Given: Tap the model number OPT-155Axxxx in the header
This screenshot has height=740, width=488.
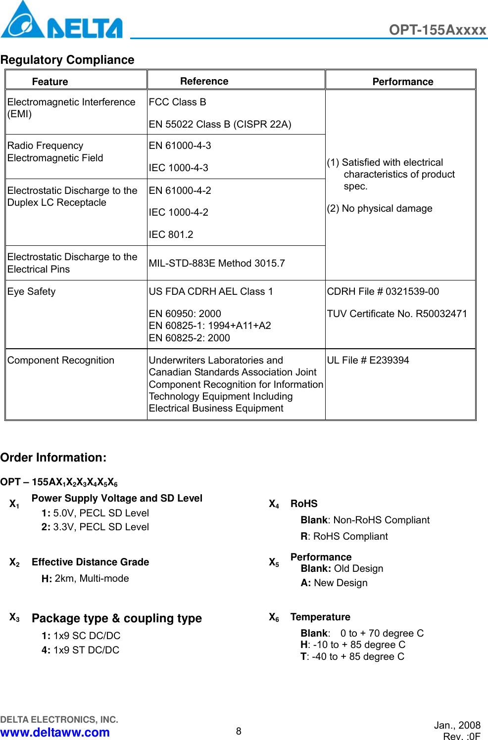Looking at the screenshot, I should tap(437, 30).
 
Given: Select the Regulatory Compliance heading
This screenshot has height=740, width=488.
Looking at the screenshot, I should tap(67, 60).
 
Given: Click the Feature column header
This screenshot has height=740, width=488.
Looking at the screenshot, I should tap(50, 82).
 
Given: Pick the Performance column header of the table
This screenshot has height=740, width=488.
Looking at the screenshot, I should tap(402, 82).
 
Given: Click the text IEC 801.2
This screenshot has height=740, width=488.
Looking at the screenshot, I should tap(171, 234).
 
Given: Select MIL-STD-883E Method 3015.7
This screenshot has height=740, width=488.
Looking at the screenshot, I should tap(217, 263).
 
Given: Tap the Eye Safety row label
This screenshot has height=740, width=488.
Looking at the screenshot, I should tap(31, 291).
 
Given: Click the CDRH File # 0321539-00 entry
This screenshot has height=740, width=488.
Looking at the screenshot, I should tap(383, 291).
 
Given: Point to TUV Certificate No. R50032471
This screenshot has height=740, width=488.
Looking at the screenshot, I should tap(396, 314).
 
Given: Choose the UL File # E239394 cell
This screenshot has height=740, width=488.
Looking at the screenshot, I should tap(368, 360).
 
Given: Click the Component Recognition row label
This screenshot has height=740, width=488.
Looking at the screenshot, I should tap(60, 360).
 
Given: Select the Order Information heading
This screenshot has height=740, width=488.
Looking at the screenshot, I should tap(53, 458).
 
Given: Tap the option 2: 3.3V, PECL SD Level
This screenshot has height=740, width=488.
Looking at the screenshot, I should tap(95, 527).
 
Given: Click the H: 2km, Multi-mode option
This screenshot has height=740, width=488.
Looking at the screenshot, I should tap(85, 578).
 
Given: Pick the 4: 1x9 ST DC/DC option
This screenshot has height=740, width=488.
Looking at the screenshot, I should tap(80, 650).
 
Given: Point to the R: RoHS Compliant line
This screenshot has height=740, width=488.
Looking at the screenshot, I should tap(344, 536).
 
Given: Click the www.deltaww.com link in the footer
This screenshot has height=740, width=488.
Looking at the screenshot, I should tap(55, 732).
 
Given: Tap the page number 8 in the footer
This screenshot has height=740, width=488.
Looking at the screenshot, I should tap(239, 731).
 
